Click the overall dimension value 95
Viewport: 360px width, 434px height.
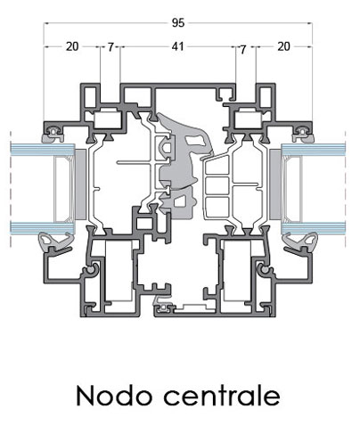click(x=178, y=22)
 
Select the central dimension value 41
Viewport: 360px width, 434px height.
click(x=177, y=46)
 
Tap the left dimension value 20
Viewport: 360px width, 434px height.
click(x=72, y=46)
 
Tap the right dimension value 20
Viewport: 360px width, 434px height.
click(x=283, y=46)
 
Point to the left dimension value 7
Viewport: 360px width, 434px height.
click(x=110, y=47)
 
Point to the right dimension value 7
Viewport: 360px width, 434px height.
click(x=243, y=50)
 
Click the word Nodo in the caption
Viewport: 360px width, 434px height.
click(x=114, y=396)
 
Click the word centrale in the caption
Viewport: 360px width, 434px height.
click(x=222, y=396)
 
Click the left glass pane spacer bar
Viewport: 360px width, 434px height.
click(x=63, y=189)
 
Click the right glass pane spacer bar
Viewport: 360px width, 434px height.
click(x=293, y=189)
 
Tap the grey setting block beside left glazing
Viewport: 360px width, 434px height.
click(x=80, y=184)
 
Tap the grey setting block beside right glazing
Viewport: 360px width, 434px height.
click(x=275, y=184)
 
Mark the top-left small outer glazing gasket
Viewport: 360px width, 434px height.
click(x=53, y=135)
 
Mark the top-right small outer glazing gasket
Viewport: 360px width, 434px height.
click(x=303, y=135)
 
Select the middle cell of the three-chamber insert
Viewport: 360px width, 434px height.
click(x=217, y=185)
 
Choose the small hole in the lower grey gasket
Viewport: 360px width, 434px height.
click(x=179, y=202)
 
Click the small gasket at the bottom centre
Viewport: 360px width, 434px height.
click(x=161, y=305)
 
